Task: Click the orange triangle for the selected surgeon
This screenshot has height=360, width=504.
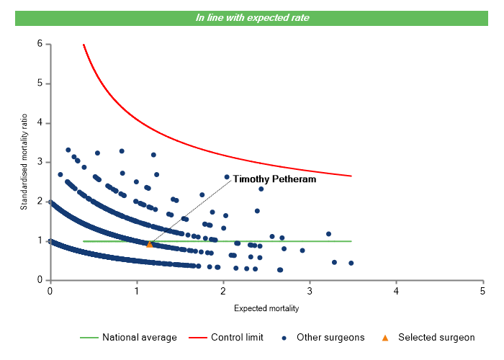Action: [x=150, y=244]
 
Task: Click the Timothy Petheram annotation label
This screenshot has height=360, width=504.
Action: [x=274, y=179]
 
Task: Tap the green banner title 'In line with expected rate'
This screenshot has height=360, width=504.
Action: [x=252, y=17]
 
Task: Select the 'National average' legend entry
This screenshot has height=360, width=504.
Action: [x=139, y=337]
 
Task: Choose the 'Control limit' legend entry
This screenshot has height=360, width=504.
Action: [x=237, y=337]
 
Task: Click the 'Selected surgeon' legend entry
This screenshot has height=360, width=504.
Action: [x=436, y=337]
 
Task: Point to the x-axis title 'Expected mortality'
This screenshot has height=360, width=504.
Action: [x=266, y=308]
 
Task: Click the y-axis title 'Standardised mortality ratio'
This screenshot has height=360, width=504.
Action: [x=24, y=161]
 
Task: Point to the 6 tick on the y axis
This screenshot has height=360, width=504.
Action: [x=40, y=44]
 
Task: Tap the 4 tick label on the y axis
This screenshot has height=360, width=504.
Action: [x=40, y=123]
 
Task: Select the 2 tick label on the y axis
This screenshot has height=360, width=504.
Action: [x=40, y=202]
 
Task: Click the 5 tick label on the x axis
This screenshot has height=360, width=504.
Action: [x=482, y=291]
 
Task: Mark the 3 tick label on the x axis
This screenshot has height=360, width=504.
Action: [x=309, y=291]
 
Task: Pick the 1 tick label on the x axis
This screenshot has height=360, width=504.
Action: [x=136, y=291]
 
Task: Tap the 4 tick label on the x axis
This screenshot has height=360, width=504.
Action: [x=396, y=291]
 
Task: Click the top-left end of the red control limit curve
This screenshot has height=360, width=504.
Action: [x=84, y=45]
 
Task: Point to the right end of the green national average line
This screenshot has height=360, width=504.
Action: [x=351, y=241]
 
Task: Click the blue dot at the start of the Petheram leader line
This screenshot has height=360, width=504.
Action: [x=227, y=176]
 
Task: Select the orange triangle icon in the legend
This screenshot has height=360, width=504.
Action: [x=385, y=337]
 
